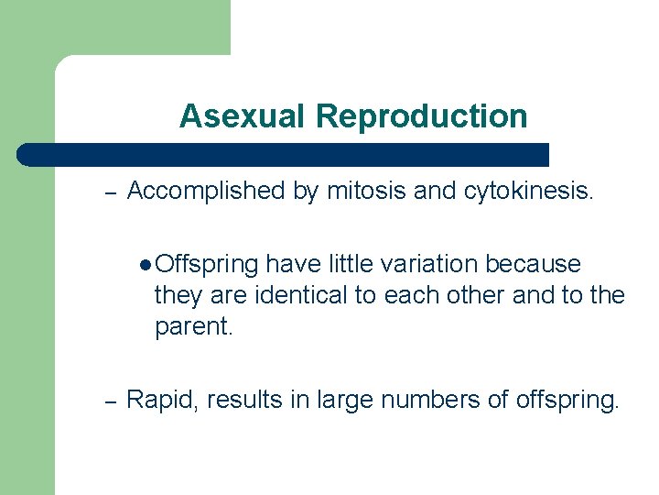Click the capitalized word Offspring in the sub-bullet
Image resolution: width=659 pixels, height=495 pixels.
[x=207, y=265]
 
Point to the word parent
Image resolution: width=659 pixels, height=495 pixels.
[x=194, y=327]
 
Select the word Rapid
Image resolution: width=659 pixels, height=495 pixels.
[x=163, y=400]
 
